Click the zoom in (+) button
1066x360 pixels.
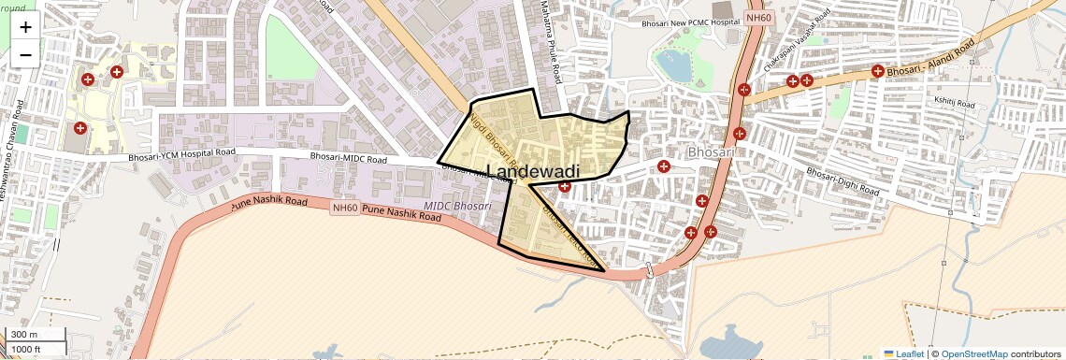(x=25, y=27)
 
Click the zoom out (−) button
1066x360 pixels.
(x=25, y=55)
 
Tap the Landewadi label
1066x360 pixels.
(x=533, y=171)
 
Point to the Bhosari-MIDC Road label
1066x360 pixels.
(x=349, y=159)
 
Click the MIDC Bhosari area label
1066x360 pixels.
(x=457, y=205)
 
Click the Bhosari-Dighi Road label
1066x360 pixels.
(x=843, y=182)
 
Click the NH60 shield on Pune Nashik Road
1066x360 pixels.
(x=344, y=208)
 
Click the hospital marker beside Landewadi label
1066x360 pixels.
(x=564, y=187)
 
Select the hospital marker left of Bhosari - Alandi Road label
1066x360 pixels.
(x=877, y=71)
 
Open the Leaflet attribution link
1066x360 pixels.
(x=904, y=353)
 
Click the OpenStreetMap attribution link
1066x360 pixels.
(x=973, y=353)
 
